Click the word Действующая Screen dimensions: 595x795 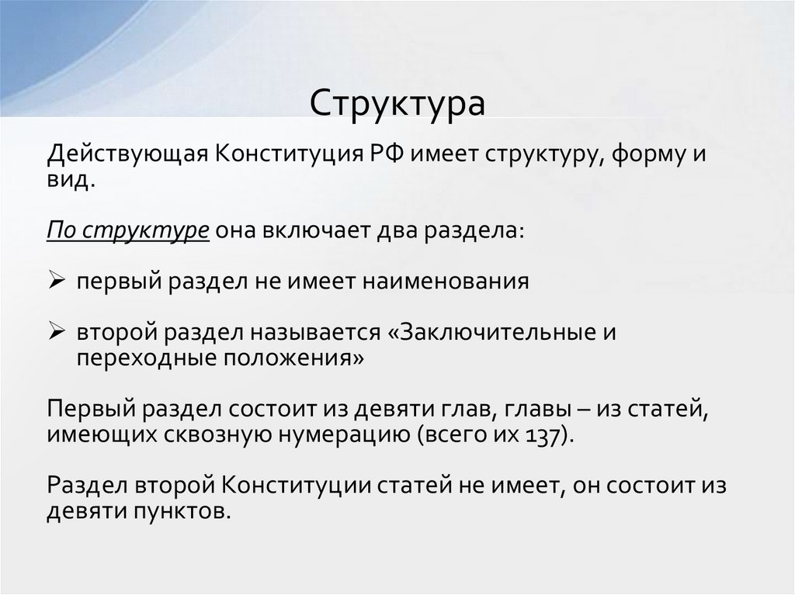(125, 153)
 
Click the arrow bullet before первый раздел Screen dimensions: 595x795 (56, 281)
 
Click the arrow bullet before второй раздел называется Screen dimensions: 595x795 (56, 333)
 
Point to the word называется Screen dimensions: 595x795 (313, 333)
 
